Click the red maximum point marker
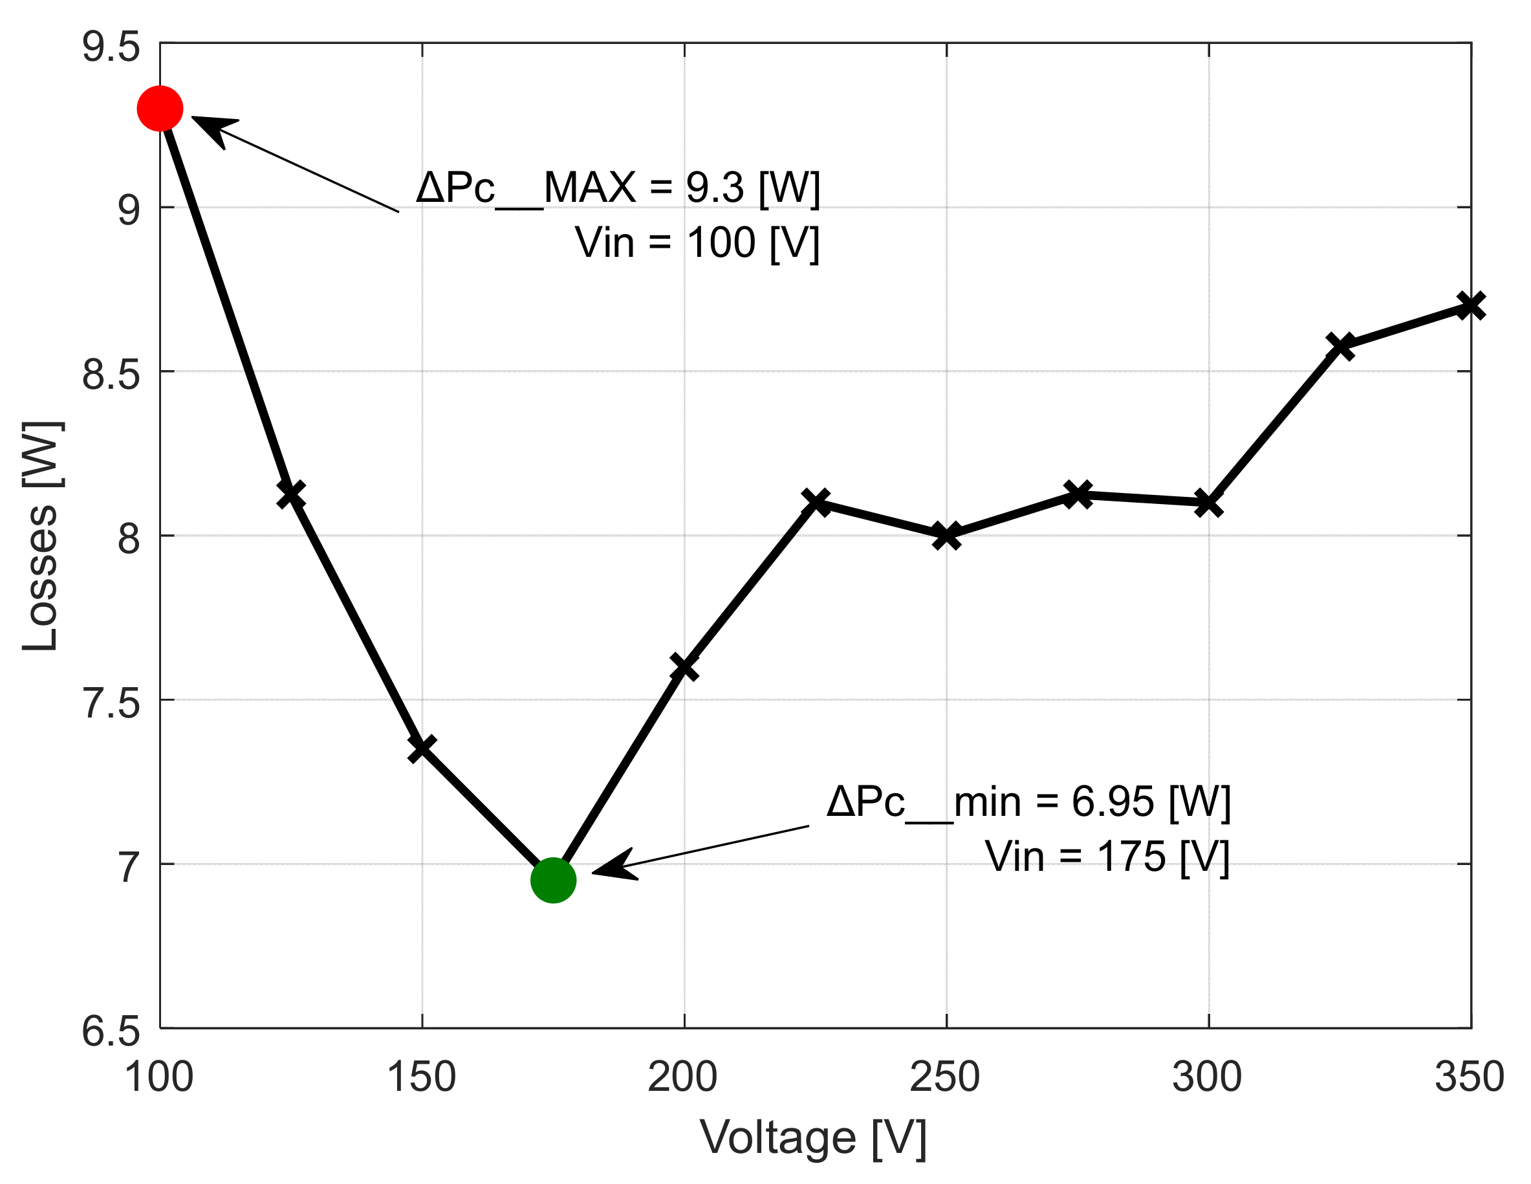pos(160,109)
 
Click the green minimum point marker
pos(553,880)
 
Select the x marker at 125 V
pos(291,494)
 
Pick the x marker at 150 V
pos(422,749)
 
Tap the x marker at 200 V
pos(684,667)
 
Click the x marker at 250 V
pos(946,536)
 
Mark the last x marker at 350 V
pos(1470,305)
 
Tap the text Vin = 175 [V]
pos(1107,856)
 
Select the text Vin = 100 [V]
pos(697,243)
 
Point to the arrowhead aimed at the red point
pos(210,126)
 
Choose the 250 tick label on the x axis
pos(945,1077)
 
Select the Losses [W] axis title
pos(41,536)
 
